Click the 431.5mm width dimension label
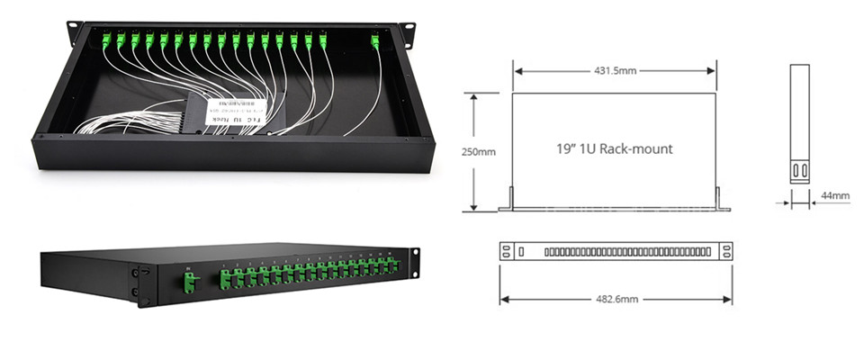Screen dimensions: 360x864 [614, 68]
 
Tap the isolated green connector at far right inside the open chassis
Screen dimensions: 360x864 [374, 41]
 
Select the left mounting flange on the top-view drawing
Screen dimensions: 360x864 [508, 200]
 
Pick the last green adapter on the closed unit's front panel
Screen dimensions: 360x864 [392, 265]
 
